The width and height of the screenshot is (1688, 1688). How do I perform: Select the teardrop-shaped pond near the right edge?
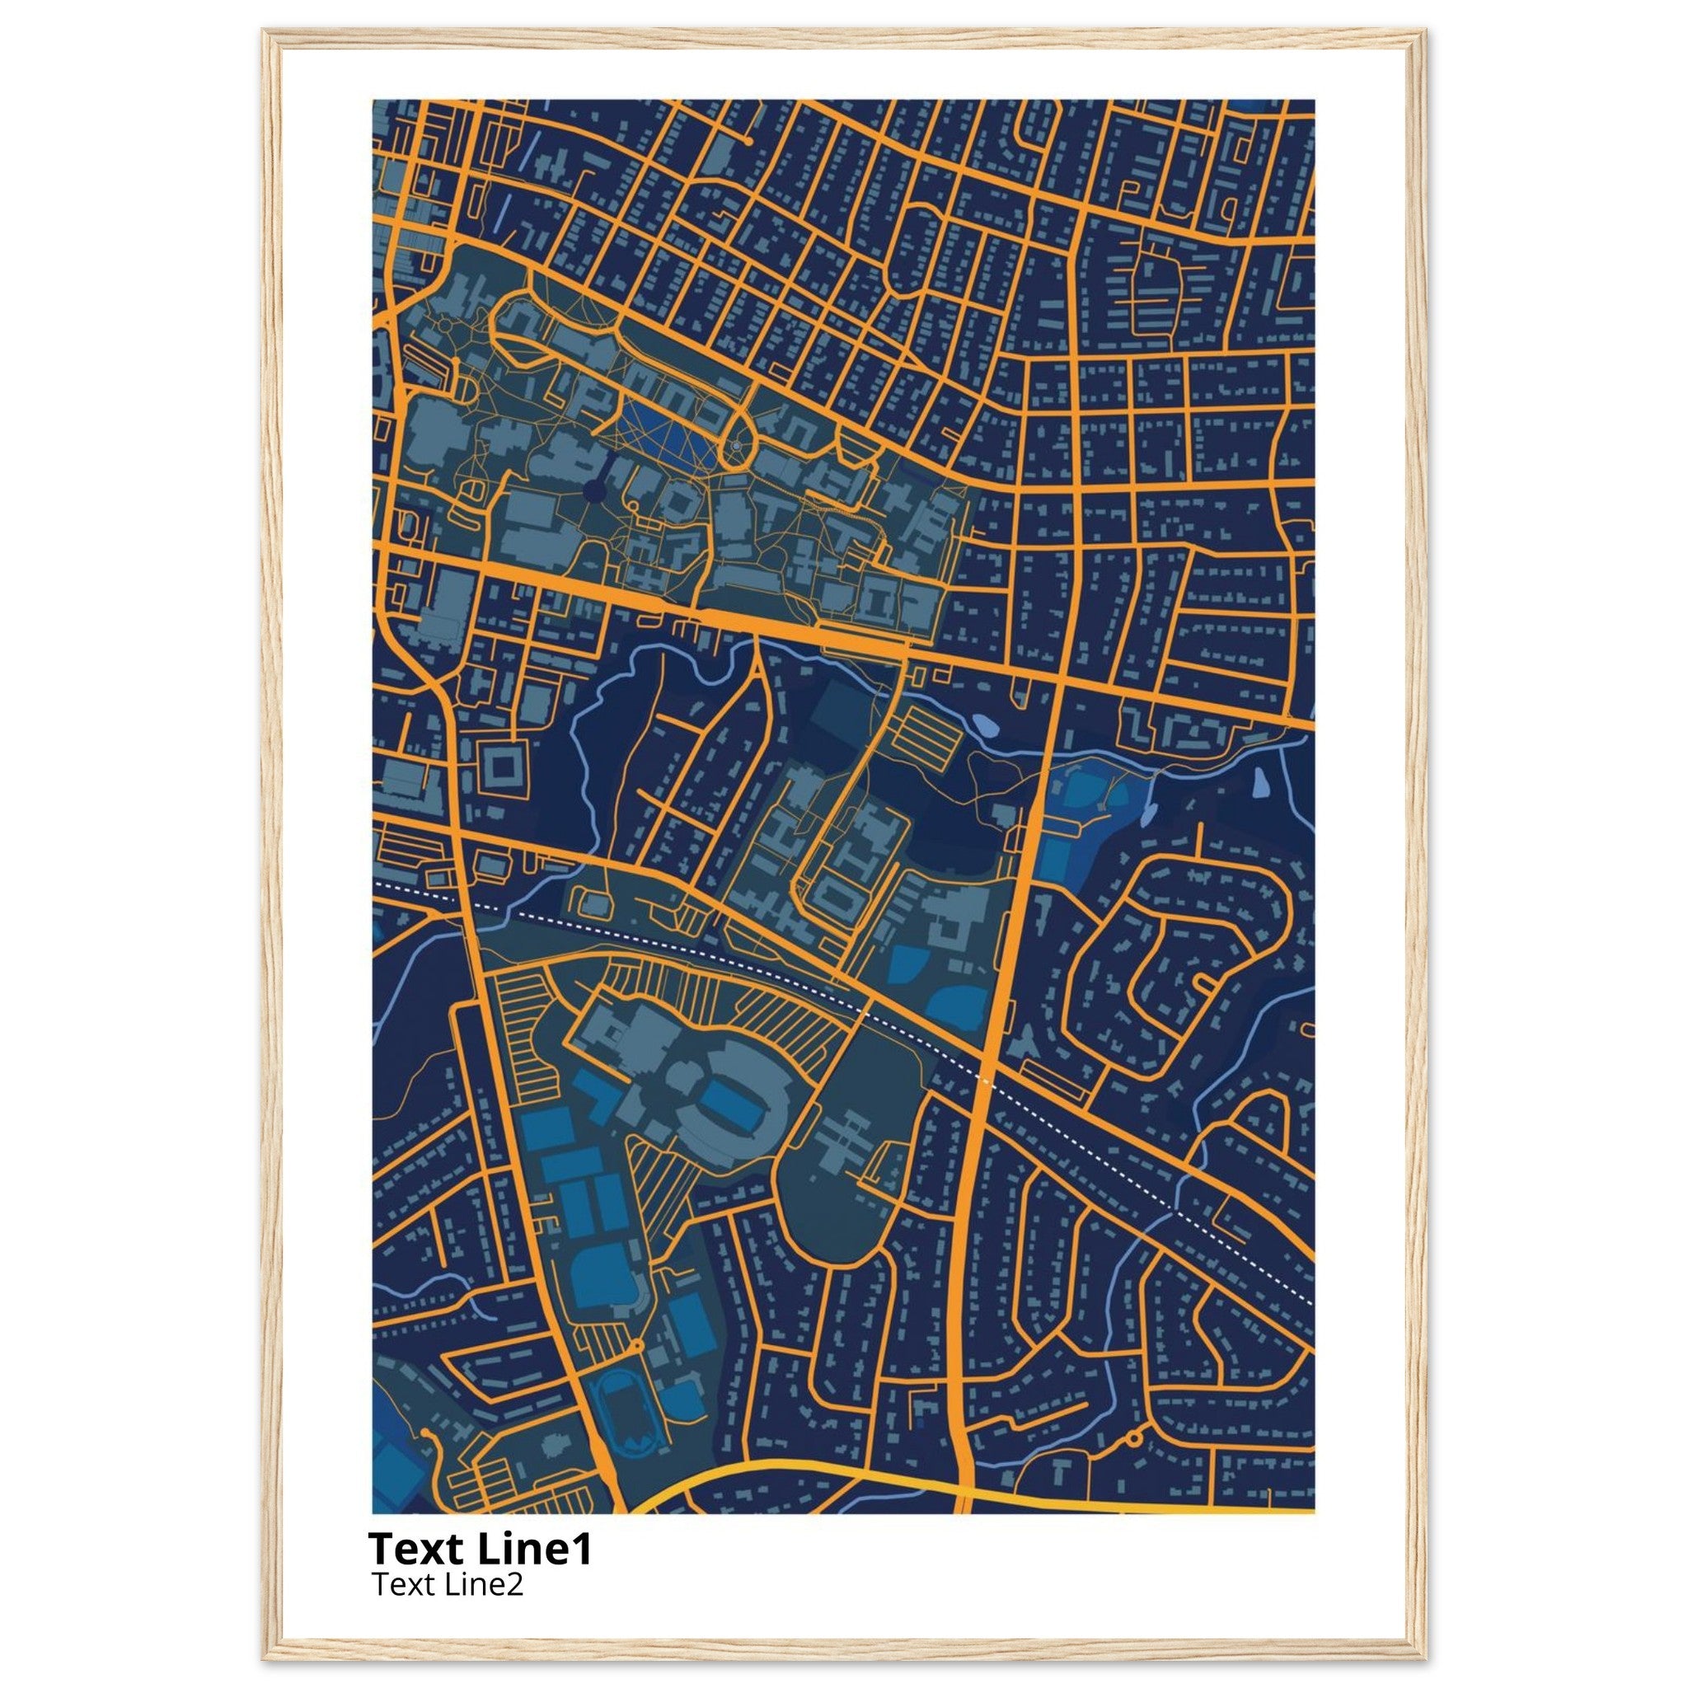(x=1263, y=784)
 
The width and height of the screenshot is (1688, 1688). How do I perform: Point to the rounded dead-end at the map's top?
(x=748, y=140)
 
